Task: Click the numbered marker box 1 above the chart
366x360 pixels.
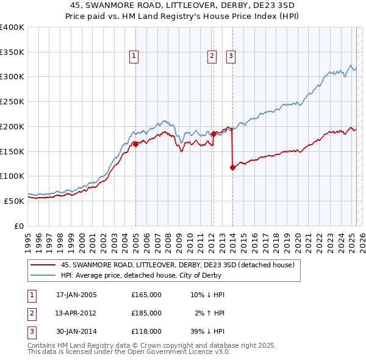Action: pos(134,57)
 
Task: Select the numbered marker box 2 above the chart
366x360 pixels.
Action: pos(212,57)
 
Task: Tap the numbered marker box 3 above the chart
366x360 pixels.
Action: pos(231,57)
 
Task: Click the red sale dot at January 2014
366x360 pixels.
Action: pos(232,167)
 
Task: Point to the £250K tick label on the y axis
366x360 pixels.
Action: pos(12,101)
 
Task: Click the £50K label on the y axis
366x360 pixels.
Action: pos(14,200)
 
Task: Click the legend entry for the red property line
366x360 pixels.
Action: pos(178,265)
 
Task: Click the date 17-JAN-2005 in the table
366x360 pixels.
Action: pos(76,295)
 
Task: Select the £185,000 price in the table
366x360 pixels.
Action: pos(146,313)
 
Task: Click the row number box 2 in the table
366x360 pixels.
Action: pos(31,313)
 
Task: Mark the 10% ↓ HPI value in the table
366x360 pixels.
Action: pos(207,295)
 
